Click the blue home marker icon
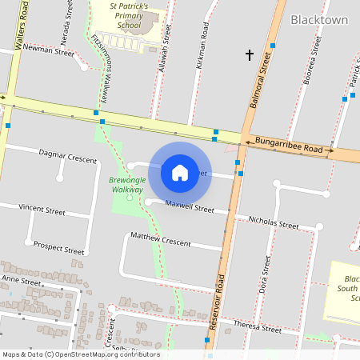[180, 173]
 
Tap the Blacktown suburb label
[319, 19]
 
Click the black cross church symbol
[250, 54]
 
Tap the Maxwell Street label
[190, 207]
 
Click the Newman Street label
[49, 50]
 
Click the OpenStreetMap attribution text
[81, 354]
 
